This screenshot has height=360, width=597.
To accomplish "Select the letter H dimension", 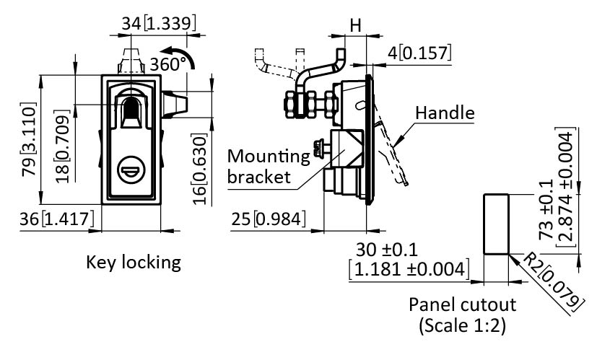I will pyautogui.click(x=354, y=25).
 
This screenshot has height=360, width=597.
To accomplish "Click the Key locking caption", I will pyautogui.click(x=133, y=261).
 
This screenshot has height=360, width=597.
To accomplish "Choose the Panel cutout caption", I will pyautogui.click(x=462, y=304).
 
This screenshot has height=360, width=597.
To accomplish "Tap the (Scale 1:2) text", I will pyautogui.click(x=462, y=325).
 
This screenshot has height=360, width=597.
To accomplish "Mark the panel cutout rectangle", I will pyautogui.click(x=496, y=224).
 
